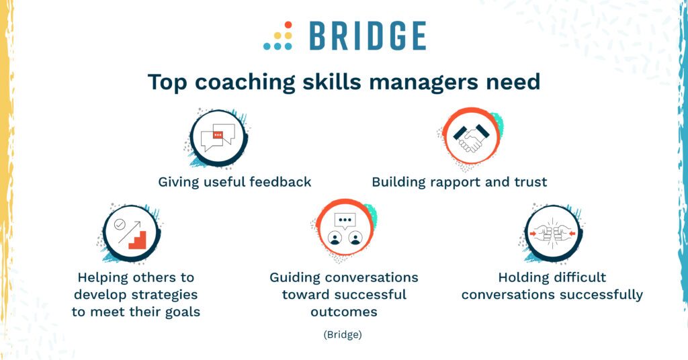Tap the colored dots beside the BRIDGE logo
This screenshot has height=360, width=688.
pyautogui.click(x=278, y=36)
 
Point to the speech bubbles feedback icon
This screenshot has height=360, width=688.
pyautogui.click(x=217, y=138)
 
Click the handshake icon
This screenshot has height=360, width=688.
pyautogui.click(x=470, y=138)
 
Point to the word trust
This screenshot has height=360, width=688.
pyautogui.click(x=529, y=181)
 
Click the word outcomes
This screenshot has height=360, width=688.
pyautogui.click(x=344, y=312)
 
